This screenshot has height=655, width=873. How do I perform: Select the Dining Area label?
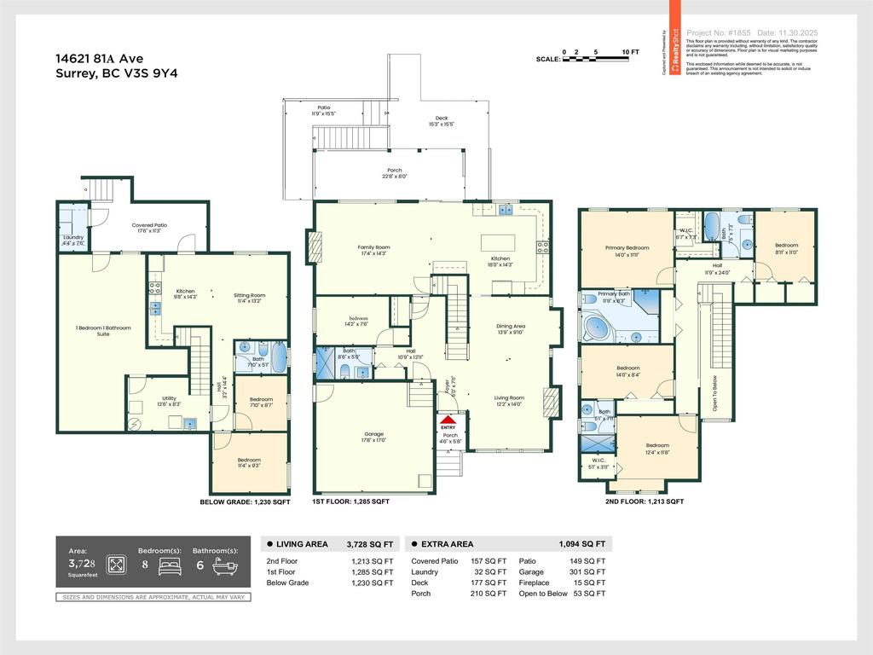click(511, 328)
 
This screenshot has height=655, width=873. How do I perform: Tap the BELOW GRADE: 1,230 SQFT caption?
click(245, 502)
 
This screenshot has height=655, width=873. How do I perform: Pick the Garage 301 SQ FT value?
click(587, 571)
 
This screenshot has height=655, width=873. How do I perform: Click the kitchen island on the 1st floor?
click(499, 242)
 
